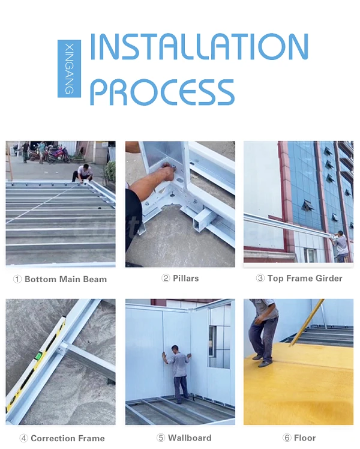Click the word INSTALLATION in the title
199,46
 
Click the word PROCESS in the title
162,92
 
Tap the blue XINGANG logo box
69,68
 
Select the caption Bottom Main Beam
65,279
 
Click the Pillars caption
186,279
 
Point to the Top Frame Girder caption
305,279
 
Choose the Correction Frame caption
68,438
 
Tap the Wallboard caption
190,438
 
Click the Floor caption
305,438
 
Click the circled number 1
17,279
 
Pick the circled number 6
287,438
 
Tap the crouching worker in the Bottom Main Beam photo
82,173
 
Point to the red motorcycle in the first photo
60,155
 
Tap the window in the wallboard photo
212,341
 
